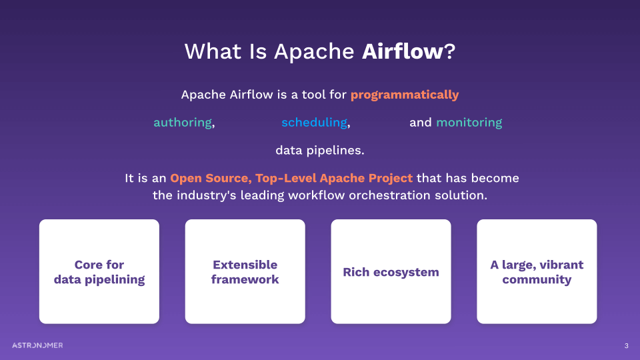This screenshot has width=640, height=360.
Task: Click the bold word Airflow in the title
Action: click(402, 52)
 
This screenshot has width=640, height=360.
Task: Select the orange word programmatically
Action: click(405, 95)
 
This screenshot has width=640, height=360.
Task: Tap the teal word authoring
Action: click(183, 123)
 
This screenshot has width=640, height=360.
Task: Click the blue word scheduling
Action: click(314, 123)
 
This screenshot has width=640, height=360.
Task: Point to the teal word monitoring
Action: click(469, 123)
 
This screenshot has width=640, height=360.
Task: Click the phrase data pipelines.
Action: click(320, 151)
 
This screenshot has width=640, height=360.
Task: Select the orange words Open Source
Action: click(210, 179)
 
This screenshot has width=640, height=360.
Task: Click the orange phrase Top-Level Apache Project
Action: click(334, 179)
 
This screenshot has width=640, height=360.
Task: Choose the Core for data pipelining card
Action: click(99, 272)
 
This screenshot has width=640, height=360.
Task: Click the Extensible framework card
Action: click(245, 272)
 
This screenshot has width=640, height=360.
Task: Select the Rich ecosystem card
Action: click(391, 272)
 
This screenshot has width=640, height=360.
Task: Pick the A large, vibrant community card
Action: click(537, 272)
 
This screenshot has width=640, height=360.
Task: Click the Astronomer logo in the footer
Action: click(37, 345)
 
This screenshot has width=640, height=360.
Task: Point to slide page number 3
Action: click(626, 345)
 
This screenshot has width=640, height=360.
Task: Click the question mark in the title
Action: click(449, 52)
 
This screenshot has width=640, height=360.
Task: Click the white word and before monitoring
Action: click(421, 123)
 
